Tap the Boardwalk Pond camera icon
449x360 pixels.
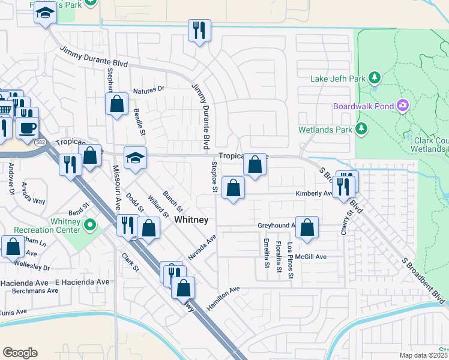403,106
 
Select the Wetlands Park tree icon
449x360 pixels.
361,128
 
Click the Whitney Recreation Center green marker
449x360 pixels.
90,226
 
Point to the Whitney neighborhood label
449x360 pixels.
191,220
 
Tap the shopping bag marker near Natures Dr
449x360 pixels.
116,103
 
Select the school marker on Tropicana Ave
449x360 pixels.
135,158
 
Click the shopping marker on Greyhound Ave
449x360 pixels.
307,227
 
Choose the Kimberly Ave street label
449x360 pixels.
313,194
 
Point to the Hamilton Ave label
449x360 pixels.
223,293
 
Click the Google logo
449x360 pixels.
20,353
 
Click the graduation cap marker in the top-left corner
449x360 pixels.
44,13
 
